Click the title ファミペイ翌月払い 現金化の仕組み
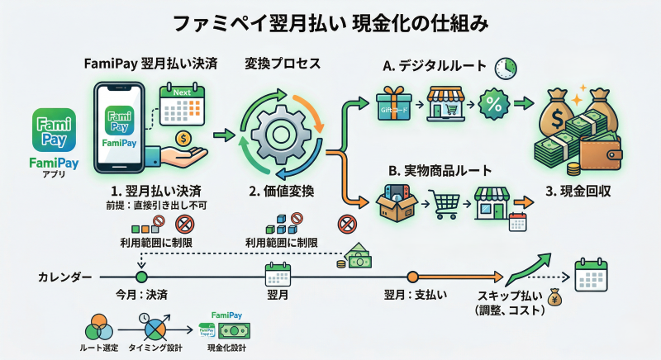330,23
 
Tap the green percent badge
494,105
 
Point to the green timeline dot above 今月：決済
140,277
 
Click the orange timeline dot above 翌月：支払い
412,277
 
